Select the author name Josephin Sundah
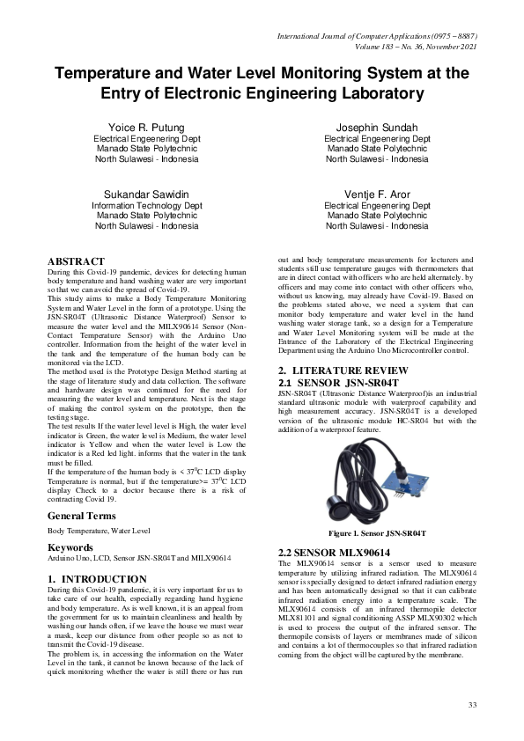click(x=377, y=128)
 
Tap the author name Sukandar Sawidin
click(x=147, y=194)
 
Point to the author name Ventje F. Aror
click(x=377, y=194)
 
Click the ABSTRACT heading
click(x=77, y=262)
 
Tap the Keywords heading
click(x=70, y=547)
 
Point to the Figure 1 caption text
click(x=377, y=533)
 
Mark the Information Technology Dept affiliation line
click(x=147, y=204)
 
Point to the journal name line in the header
click(x=377, y=36)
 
